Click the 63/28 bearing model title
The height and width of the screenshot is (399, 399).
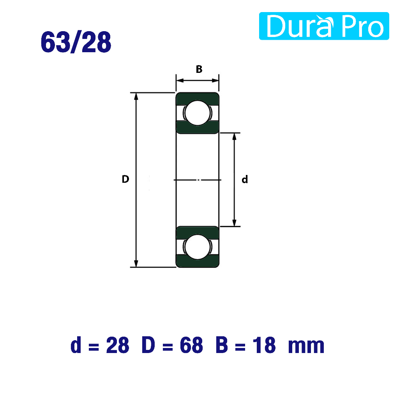coord(76,42)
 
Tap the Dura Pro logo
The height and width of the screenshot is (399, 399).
coord(324,26)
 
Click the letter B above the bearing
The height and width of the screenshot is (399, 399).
coord(199,69)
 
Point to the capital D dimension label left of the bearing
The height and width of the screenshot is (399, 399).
coord(125,179)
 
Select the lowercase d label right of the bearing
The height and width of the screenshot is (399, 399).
coord(245,179)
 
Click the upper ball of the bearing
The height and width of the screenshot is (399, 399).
coord(198,113)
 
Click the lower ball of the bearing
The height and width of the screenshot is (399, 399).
coord(198,247)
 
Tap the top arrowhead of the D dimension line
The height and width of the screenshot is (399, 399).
coord(136,96)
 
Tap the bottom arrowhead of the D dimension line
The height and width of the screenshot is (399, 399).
coord(136,264)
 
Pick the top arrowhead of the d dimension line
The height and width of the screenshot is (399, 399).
coord(234,136)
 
